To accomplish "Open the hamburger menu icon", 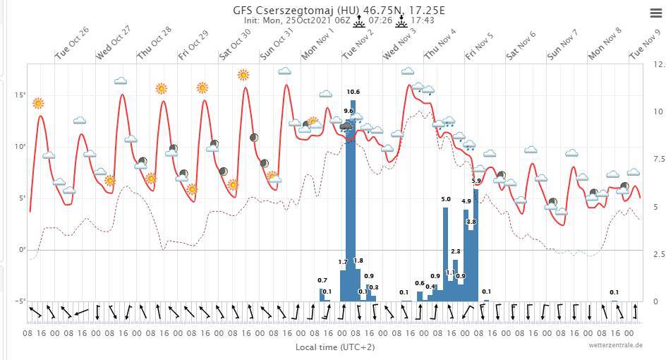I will pyautogui.click(x=655, y=13).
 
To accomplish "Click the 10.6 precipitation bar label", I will pyautogui.click(x=353, y=92).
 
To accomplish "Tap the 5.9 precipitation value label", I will pyautogui.click(x=476, y=181).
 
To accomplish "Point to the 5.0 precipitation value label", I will pyautogui.click(x=446, y=200).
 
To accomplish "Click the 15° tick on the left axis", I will pyautogui.click(x=21, y=95).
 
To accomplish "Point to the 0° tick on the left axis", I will pyautogui.click(x=22, y=250).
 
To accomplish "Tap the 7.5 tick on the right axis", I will pyautogui.click(x=658, y=160).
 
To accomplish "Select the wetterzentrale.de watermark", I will pyautogui.click(x=615, y=345).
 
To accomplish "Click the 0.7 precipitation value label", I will pyautogui.click(x=322, y=281).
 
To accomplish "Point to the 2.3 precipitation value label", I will pyautogui.click(x=456, y=251).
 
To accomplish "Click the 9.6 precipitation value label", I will pyautogui.click(x=349, y=111).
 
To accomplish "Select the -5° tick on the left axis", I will pyautogui.click(x=20, y=301).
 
